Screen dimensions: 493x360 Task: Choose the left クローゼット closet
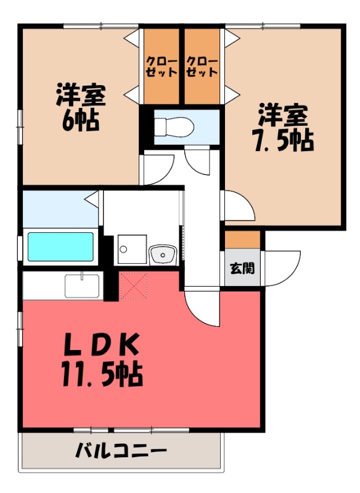tap(162, 67)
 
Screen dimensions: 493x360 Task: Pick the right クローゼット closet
tap(202, 67)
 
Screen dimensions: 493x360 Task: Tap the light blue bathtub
tap(60, 246)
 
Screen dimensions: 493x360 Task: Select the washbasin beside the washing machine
tap(163, 253)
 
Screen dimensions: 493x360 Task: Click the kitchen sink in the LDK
tap(82, 286)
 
